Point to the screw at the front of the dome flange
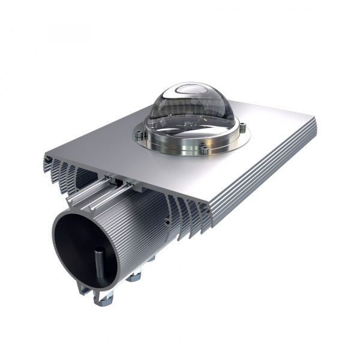[204, 150]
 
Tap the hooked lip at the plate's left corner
[47, 160]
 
